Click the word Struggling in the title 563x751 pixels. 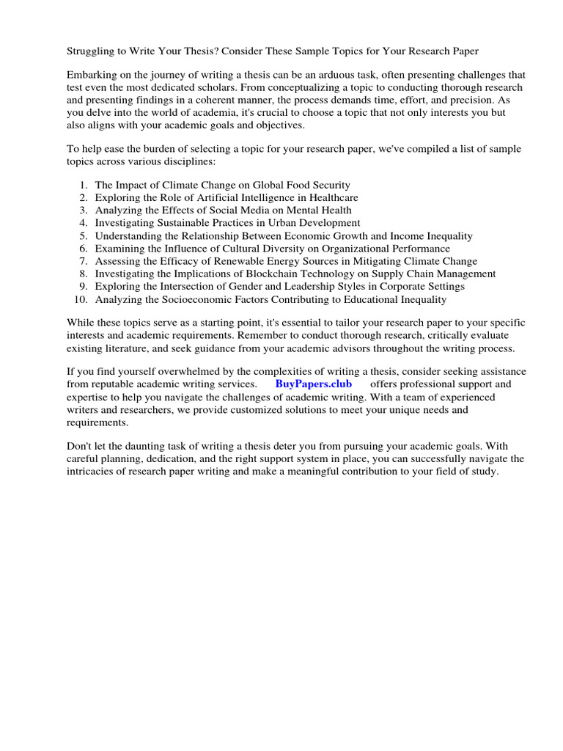tap(91, 51)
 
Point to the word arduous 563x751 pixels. tap(346, 76)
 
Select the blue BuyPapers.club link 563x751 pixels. tap(314, 384)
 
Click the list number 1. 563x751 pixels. tap(84, 185)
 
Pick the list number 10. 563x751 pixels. tap(81, 299)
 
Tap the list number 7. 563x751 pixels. tap(84, 261)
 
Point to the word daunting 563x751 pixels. tap(143, 447)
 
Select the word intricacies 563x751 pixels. tap(94, 472)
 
